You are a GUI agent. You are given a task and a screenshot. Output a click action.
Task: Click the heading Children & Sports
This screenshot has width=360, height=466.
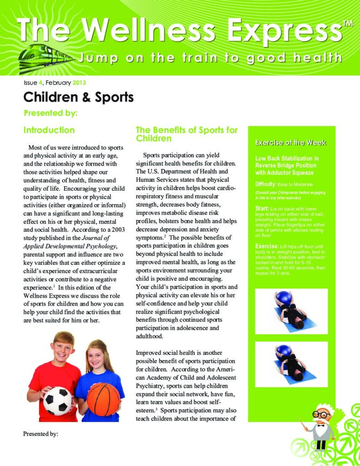pyautogui.click(x=78, y=97)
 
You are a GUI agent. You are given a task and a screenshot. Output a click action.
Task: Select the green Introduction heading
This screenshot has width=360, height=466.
pyautogui.click(x=49, y=130)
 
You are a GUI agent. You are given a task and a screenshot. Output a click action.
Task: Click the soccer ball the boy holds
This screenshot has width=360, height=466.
pyautogui.click(x=58, y=400)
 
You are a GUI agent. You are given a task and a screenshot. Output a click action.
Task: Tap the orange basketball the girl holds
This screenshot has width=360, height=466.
pyautogui.click(x=103, y=399)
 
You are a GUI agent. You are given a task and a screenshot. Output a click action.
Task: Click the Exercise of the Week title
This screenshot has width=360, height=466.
pyautogui.click(x=290, y=143)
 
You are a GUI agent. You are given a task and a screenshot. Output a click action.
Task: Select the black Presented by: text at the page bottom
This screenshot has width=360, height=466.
pyautogui.click(x=41, y=434)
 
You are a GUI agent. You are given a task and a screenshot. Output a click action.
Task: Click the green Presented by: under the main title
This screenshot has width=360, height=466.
pyautogui.click(x=51, y=113)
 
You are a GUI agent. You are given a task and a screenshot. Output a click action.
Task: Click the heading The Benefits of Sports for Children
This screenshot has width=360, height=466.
pyautogui.click(x=187, y=134)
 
